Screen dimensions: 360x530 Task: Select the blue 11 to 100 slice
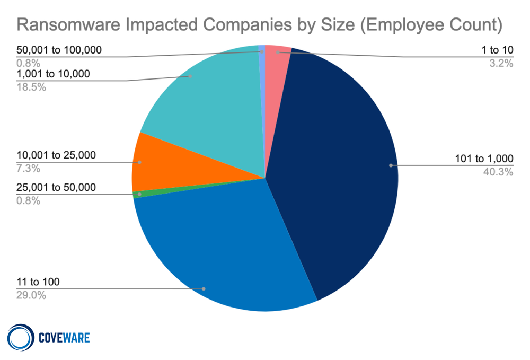[223, 249]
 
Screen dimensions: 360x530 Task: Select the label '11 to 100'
[38, 282]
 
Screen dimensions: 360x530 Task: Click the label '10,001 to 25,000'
[56, 155]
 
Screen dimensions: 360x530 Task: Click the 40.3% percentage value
[498, 171]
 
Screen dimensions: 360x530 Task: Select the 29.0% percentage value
[31, 295]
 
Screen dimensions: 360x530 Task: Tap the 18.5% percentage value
[31, 87]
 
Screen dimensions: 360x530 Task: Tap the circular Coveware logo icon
[21, 337]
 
